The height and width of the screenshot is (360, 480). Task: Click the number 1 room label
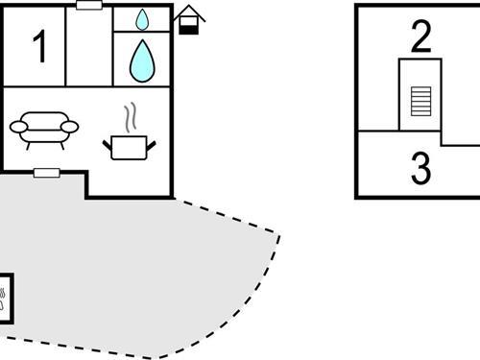39,47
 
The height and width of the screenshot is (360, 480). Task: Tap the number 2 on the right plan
420,36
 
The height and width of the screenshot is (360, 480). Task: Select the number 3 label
420,168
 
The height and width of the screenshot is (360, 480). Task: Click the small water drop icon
143,19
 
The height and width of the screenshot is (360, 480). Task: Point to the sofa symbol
43,129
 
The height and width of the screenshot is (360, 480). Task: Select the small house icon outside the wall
190,20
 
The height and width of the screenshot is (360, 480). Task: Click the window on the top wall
89,6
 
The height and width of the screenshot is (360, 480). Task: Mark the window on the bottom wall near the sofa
46,173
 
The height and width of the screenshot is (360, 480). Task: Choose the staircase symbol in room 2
420,99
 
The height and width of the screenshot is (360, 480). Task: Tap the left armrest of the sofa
19,126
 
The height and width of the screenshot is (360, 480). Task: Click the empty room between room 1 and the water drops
90,47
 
